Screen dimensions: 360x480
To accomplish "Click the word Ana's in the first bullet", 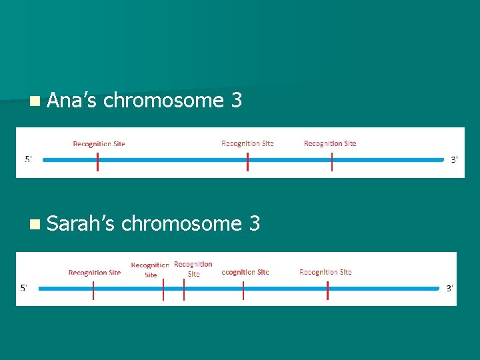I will point(73,101).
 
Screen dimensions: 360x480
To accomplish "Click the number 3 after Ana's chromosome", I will point(235,101).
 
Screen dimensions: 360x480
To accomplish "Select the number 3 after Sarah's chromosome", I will point(253,223).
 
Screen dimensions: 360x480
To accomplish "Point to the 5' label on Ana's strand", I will point(29,159).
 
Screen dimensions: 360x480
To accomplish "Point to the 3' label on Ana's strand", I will point(454,159).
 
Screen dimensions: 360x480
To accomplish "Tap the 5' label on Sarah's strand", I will point(23,288).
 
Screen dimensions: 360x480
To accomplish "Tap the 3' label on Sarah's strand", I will point(449,288).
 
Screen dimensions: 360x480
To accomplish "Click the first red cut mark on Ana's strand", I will point(97,161).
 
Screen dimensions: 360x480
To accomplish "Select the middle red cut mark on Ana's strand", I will point(247,161).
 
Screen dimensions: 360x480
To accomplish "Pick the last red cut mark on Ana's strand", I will point(332,161).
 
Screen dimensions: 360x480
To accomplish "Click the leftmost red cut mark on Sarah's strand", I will point(93,290).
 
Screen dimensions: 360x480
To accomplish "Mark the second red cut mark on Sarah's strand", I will point(163,290).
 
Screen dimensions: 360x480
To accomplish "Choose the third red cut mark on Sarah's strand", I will point(184,290).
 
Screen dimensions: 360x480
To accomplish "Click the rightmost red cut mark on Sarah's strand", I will point(327,290).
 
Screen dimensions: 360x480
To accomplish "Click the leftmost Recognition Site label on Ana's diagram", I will point(99,143).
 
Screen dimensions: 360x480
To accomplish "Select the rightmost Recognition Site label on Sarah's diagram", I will point(325,272).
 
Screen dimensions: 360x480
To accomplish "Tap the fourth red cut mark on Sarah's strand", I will point(243,290).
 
